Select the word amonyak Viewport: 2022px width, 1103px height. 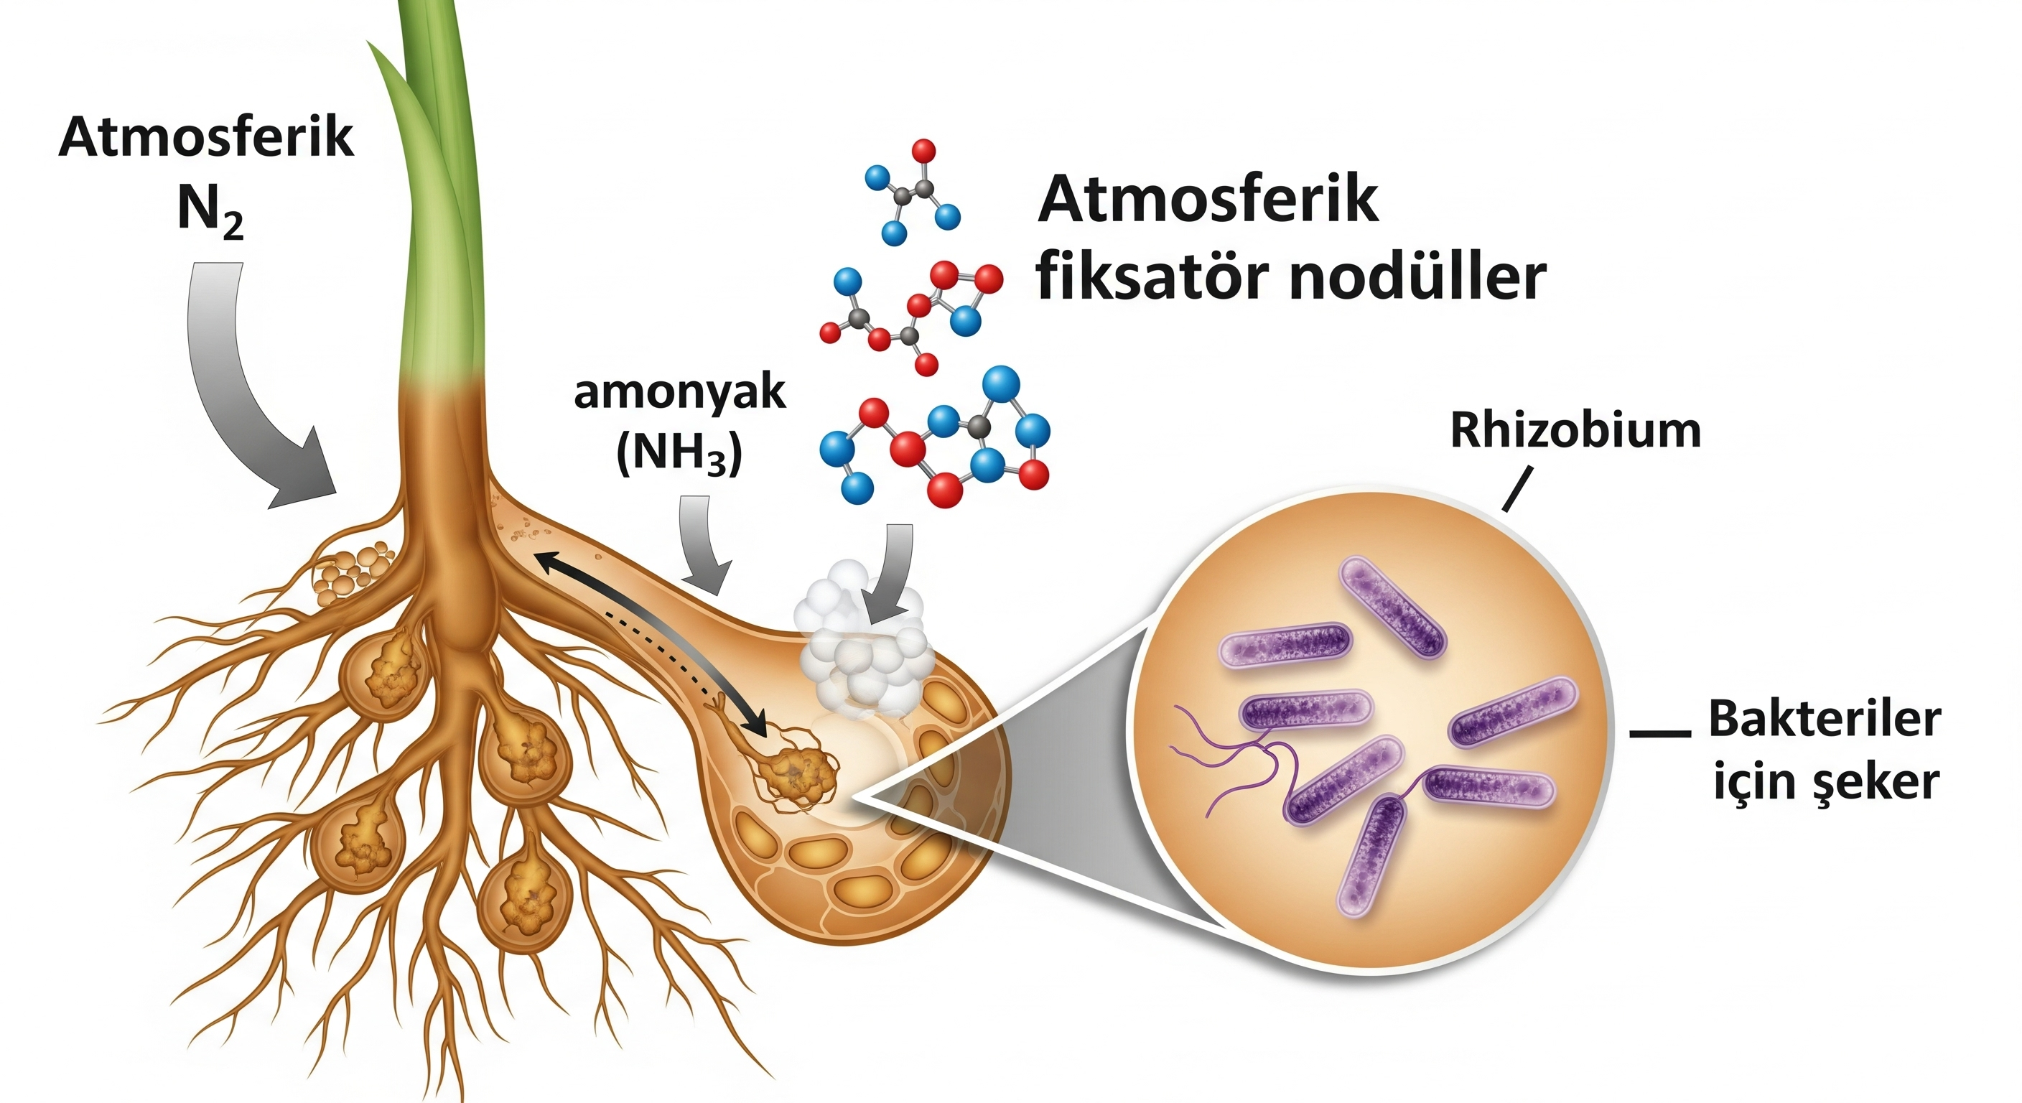click(679, 394)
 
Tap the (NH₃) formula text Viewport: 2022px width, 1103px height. click(679, 453)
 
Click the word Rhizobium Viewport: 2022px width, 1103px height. click(1575, 430)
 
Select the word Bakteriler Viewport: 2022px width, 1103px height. click(1825, 719)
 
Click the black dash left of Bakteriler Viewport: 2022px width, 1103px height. click(1659, 733)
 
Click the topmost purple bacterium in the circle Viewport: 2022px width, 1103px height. click(1391, 607)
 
